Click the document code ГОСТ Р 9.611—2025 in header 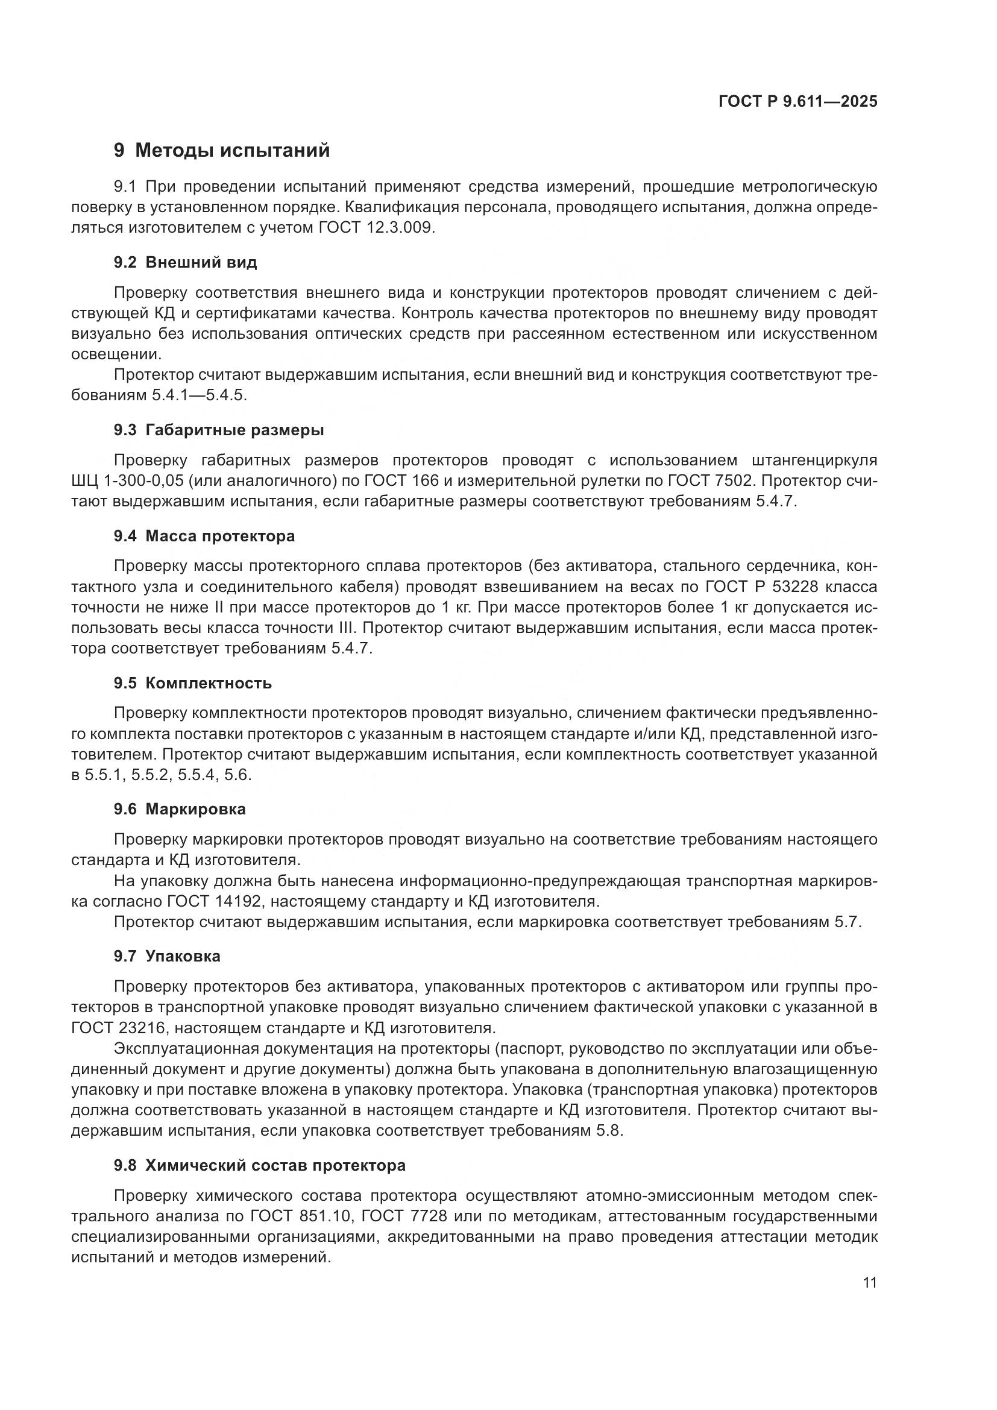pyautogui.click(x=797, y=101)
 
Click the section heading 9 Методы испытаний pyautogui.click(x=222, y=151)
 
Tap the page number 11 pyautogui.click(x=869, y=1282)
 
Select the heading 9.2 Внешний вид pyautogui.click(x=185, y=263)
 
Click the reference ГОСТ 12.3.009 pyautogui.click(x=376, y=228)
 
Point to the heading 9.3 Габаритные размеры pyautogui.click(x=219, y=430)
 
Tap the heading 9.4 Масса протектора pyautogui.click(x=204, y=536)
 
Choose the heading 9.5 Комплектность pyautogui.click(x=192, y=683)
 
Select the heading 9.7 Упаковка pyautogui.click(x=166, y=956)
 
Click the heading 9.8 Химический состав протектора pyautogui.click(x=259, y=1165)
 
